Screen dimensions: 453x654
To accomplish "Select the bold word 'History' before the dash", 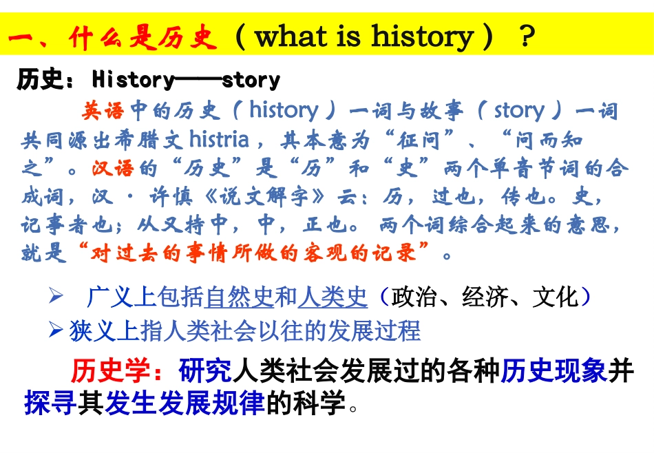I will [x=133, y=80].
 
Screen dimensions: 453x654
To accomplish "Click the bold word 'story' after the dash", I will [x=251, y=80].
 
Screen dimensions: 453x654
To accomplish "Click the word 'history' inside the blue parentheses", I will [x=284, y=110].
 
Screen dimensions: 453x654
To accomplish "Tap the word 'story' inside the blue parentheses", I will [x=519, y=110].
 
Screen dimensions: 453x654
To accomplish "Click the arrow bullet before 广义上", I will [x=56, y=297].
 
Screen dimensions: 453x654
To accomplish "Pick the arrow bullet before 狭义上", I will [x=56, y=330].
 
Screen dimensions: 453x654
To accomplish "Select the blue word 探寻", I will [x=50, y=403].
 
